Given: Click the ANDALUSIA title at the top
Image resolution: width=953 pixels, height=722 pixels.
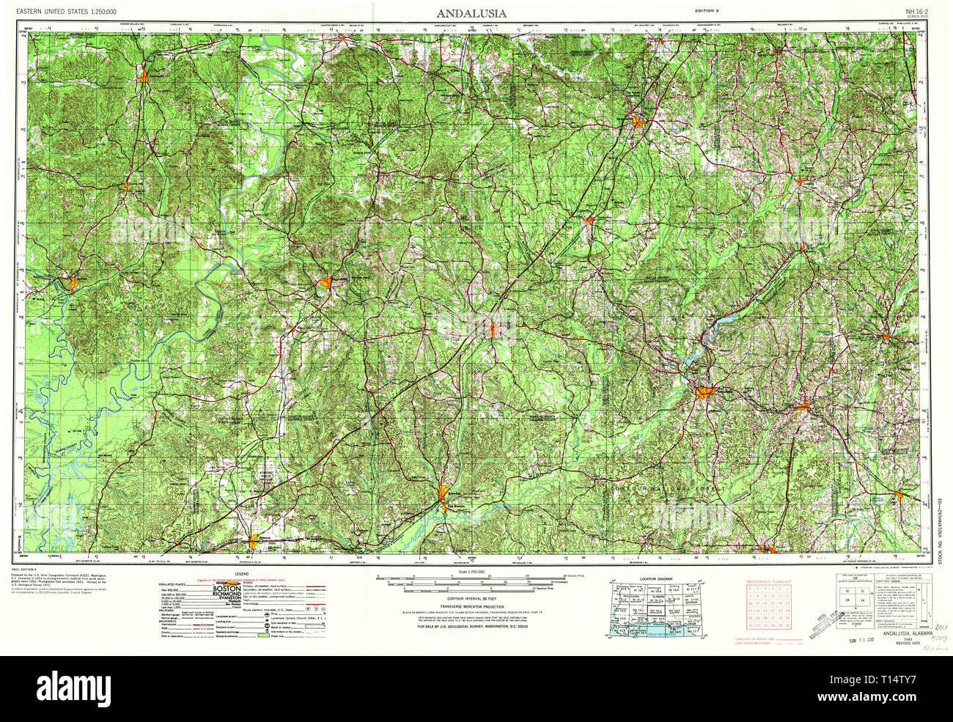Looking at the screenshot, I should point(471,13).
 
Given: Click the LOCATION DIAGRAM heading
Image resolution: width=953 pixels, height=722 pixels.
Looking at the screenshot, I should point(655,578).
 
